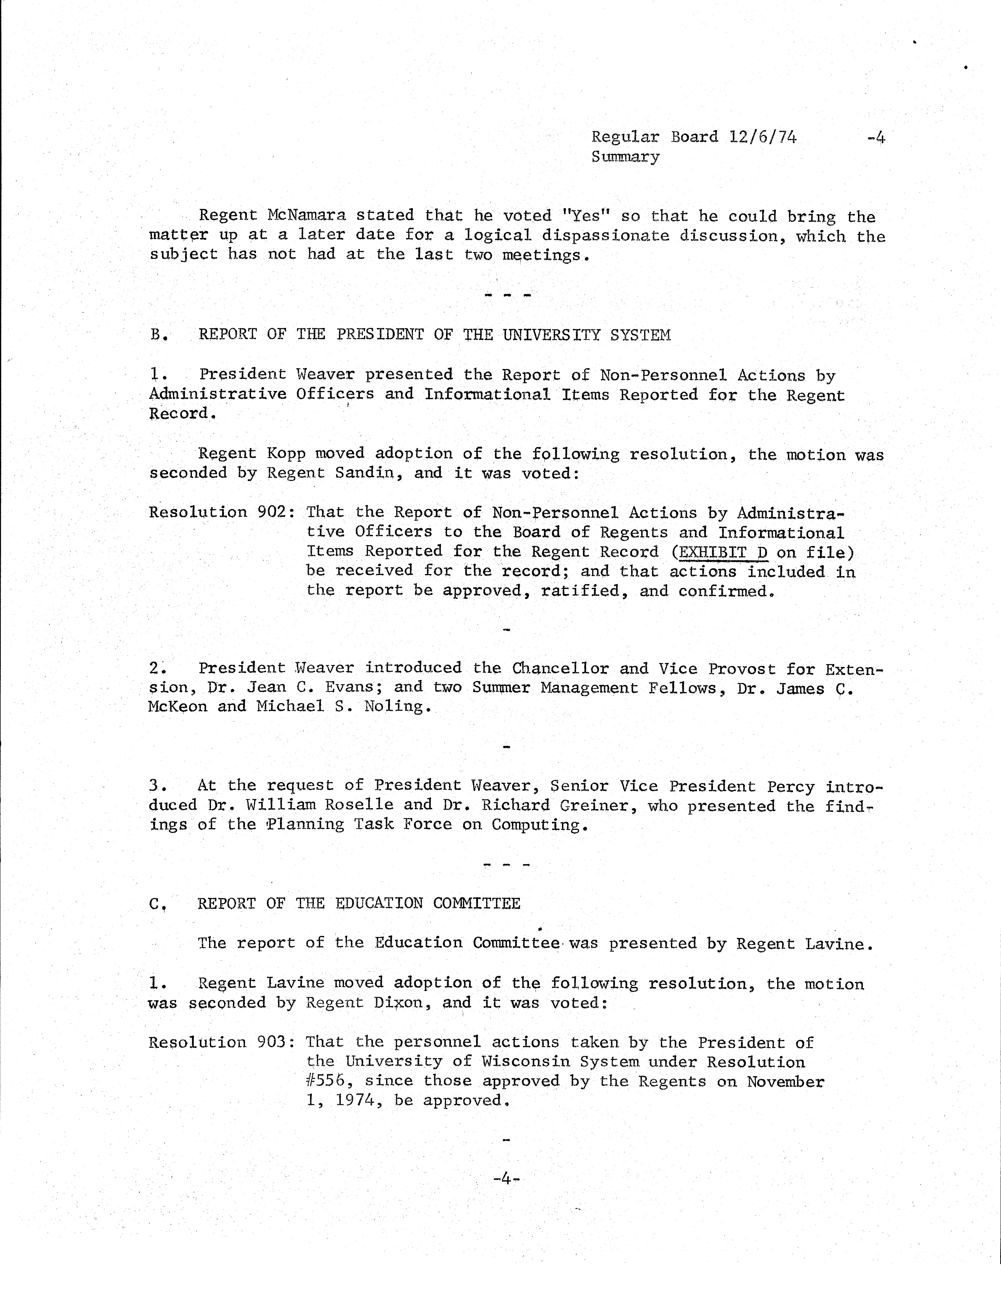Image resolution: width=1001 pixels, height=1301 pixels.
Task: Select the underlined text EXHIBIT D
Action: tap(723, 552)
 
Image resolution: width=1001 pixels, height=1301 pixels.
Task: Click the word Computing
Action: tap(540, 825)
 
